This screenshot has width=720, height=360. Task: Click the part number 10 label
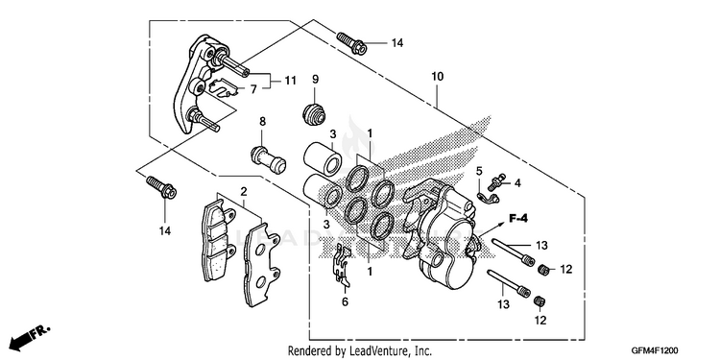point(437,77)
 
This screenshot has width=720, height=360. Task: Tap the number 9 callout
point(315,79)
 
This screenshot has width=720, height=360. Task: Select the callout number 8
point(262,122)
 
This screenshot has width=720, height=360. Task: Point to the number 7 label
point(253,89)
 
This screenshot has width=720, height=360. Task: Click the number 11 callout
point(290,81)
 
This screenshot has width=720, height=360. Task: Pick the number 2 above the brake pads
point(244,191)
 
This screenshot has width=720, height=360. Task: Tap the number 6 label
point(345,301)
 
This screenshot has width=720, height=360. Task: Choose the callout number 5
point(479,172)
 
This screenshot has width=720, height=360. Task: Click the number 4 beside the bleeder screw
point(517,183)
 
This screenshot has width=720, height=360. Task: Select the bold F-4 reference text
point(518,219)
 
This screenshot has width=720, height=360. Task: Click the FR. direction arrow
point(31,337)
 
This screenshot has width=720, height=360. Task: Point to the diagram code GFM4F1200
point(655,350)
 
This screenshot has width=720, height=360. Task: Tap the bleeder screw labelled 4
point(496,182)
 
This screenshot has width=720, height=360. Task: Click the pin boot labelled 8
point(269,158)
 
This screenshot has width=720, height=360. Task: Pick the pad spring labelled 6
point(341,266)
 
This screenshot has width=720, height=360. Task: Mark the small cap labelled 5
point(488,198)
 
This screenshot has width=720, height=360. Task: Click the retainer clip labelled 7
point(224,87)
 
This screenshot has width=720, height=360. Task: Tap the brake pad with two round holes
point(261,265)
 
